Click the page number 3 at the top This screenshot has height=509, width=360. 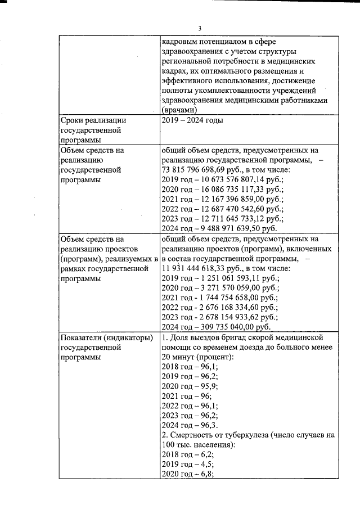click(199, 29)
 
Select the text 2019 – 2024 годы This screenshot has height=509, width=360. click(192, 120)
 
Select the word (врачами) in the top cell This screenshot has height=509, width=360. click(179, 110)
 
